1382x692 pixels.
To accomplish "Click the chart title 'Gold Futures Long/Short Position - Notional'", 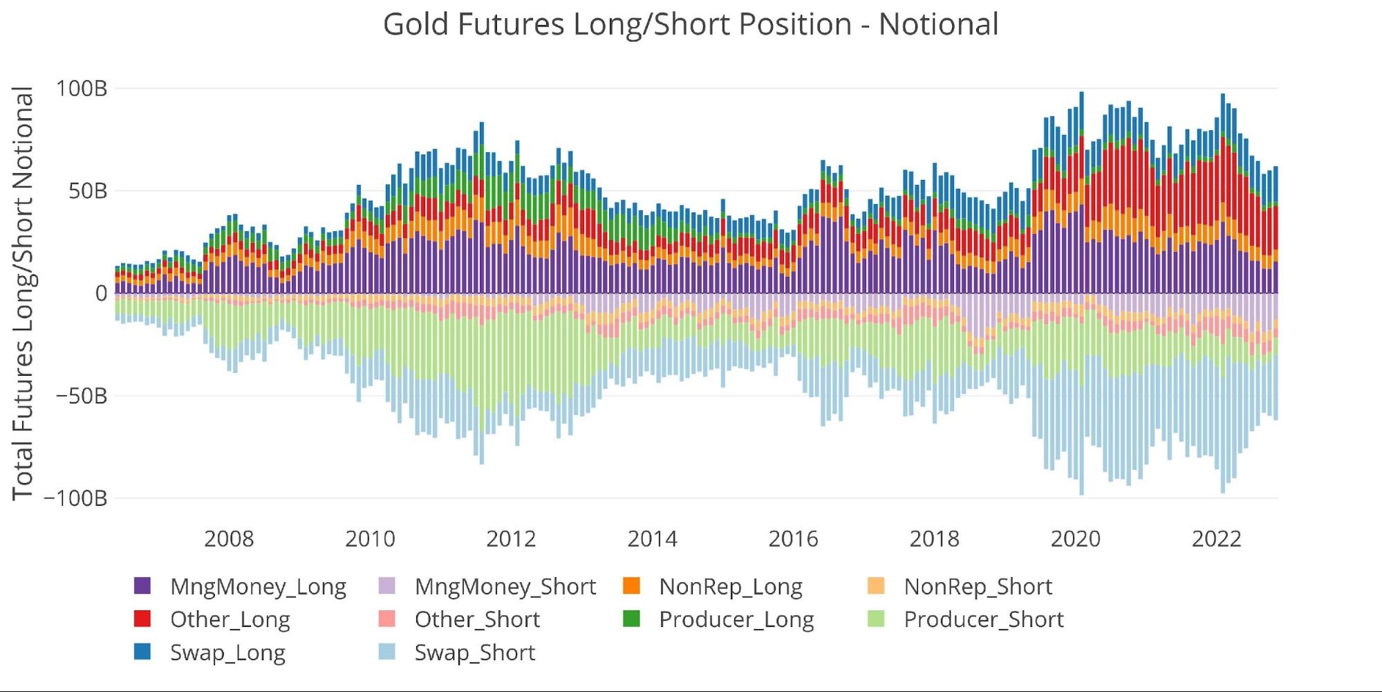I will point(691,24).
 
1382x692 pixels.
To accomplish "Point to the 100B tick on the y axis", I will point(82,89).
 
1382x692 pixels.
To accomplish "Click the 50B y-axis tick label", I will point(88,191).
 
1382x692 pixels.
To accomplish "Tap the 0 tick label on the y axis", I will point(101,293).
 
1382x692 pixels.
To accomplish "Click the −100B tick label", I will point(75,498).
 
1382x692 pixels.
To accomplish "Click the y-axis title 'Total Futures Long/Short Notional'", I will point(23,293).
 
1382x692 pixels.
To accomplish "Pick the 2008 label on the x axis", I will point(229,539).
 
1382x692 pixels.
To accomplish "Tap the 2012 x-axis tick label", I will point(511,539).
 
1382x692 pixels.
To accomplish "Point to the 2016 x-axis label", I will point(793,539).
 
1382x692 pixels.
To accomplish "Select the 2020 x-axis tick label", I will point(1075,539).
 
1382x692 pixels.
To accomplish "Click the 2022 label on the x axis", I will point(1216,539).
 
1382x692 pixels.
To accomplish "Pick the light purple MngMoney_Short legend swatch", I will point(387,586).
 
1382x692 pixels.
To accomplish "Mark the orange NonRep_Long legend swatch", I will point(631,586).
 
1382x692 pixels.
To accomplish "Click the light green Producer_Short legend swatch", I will point(876,619).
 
